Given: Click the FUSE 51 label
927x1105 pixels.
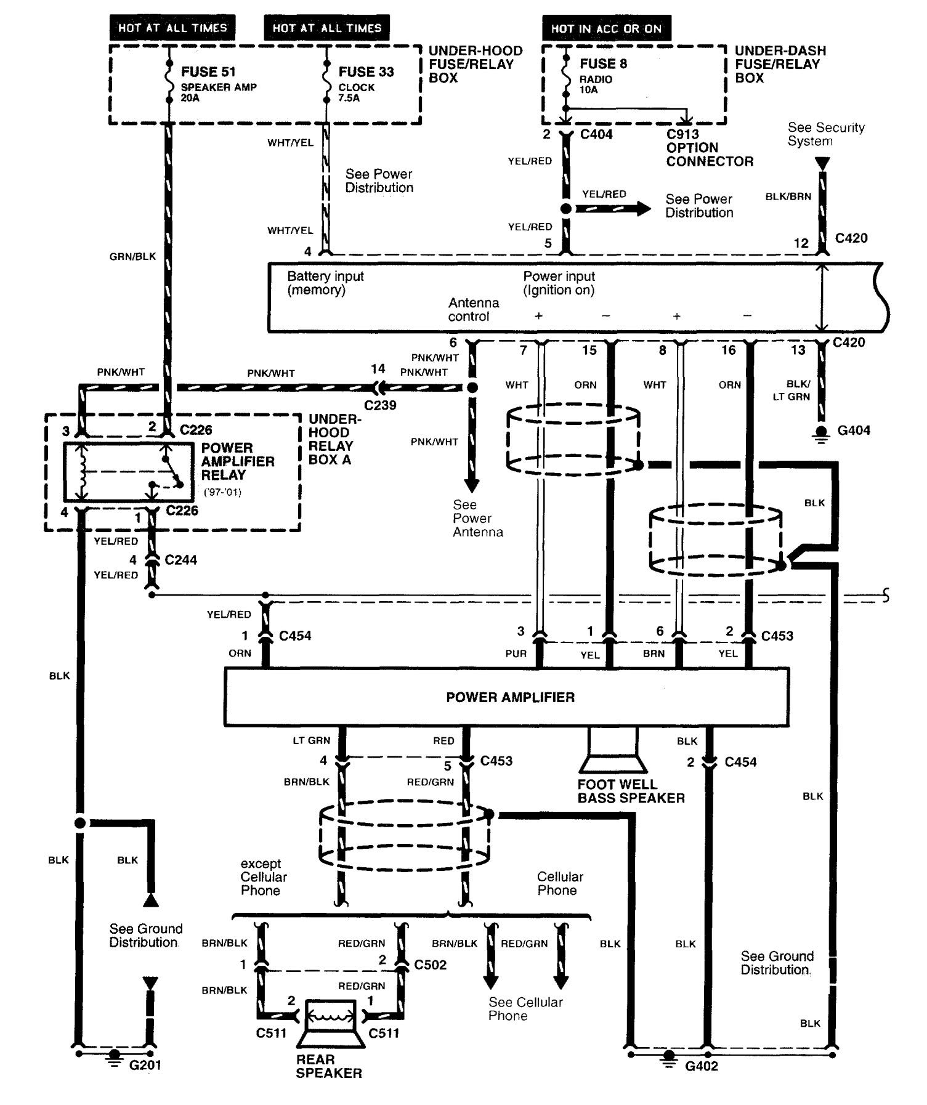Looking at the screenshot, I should tap(208, 71).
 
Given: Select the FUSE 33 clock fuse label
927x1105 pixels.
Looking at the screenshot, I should tap(366, 71).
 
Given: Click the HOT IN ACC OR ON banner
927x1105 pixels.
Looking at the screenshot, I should tap(606, 28).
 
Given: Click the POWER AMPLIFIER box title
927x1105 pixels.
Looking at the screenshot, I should tap(510, 697).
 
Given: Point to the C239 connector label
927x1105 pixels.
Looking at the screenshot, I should tap(380, 405).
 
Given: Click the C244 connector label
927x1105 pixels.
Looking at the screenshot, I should tap(180, 560).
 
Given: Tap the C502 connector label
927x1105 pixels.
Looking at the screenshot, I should tap(431, 964).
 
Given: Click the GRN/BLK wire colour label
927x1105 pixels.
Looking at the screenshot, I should tap(132, 256).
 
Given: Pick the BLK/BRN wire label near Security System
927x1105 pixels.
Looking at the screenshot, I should tap(788, 196).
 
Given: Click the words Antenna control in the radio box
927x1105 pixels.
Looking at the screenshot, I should tap(473, 310).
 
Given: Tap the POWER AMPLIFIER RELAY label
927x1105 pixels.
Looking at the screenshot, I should tap(237, 461).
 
